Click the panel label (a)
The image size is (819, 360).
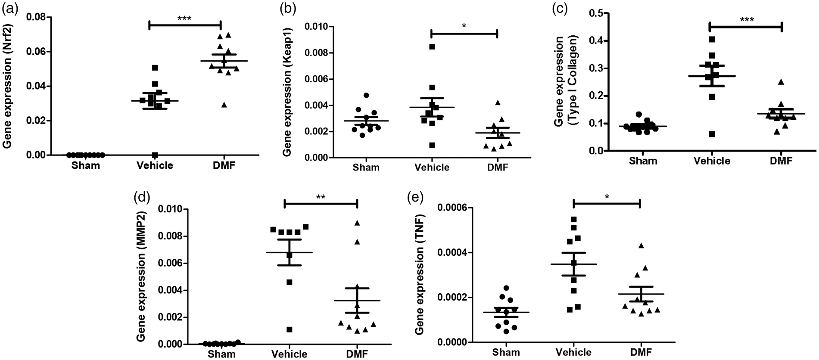pyautogui.click(x=9, y=9)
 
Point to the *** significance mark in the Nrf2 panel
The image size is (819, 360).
pyautogui.click(x=184, y=18)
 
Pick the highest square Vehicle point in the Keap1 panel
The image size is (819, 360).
pyautogui.click(x=432, y=47)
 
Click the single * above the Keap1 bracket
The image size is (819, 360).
pyautogui.click(x=464, y=26)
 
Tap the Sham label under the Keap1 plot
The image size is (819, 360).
pyautogui.click(x=366, y=168)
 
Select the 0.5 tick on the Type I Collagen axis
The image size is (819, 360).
pyautogui.click(x=595, y=13)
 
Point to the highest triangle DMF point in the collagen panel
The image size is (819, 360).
pyautogui.click(x=780, y=81)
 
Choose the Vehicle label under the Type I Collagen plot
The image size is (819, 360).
pyautogui.click(x=712, y=161)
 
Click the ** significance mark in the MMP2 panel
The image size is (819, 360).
pyautogui.click(x=321, y=197)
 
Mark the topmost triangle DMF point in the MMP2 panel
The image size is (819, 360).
pyautogui.click(x=357, y=223)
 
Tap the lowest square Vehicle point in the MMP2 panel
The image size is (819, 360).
pyautogui.click(x=290, y=329)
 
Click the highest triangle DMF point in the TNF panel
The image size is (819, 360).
pyautogui.click(x=641, y=245)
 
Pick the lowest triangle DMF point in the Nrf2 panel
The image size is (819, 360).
pyautogui.click(x=223, y=105)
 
